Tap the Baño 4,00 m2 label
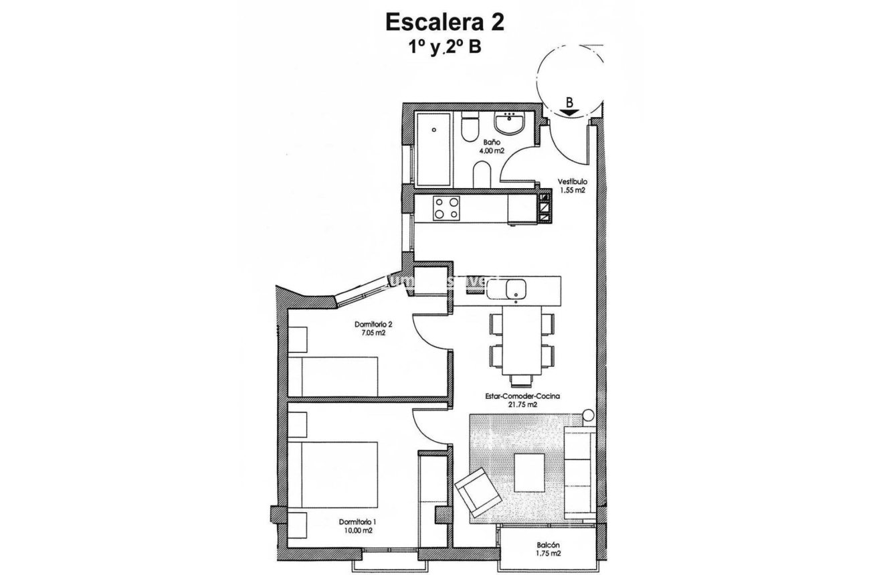(x=490, y=147)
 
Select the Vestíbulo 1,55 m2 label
(x=573, y=185)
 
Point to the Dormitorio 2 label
(x=373, y=328)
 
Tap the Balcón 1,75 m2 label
(x=548, y=550)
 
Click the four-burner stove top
(x=447, y=208)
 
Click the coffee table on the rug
(x=529, y=473)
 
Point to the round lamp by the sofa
(x=588, y=416)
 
